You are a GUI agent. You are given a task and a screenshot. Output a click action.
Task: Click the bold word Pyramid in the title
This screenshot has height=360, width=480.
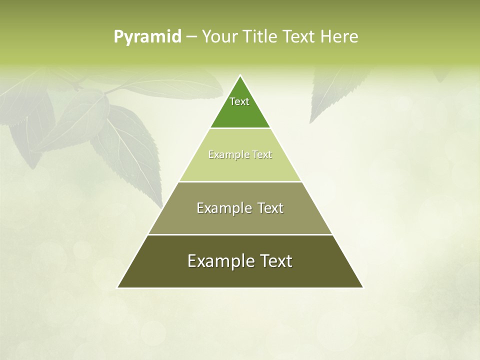[147, 37]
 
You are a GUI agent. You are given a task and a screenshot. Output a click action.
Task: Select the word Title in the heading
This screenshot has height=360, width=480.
[260, 36]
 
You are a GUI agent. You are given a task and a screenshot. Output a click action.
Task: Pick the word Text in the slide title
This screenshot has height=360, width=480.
[298, 36]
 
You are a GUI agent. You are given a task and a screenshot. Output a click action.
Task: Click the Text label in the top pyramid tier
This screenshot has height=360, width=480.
[239, 101]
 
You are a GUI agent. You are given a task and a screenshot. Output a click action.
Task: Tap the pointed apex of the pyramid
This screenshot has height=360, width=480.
[240, 76]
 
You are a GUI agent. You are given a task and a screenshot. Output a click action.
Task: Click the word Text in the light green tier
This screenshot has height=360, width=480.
[262, 154]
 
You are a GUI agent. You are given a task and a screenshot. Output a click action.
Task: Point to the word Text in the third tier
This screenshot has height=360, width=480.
[270, 208]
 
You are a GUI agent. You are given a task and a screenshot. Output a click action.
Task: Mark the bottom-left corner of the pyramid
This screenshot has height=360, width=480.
[118, 287]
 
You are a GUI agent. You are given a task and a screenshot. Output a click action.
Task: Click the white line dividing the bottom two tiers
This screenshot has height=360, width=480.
[240, 234]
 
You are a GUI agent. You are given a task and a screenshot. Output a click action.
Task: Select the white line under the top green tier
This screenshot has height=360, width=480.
[240, 128]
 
